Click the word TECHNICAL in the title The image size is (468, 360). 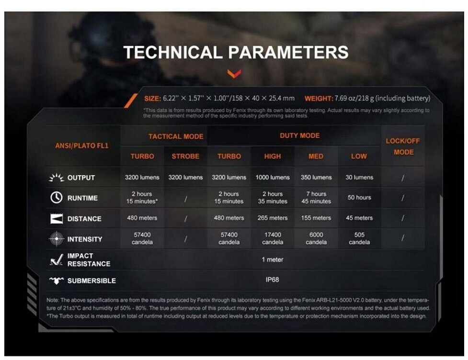click(x=173, y=52)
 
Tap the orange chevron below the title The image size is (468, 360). click(x=234, y=73)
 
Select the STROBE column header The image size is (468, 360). click(x=185, y=156)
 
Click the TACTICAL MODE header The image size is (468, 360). click(x=176, y=136)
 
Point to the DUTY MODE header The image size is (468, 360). click(x=300, y=135)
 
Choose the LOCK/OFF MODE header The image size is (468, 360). click(x=403, y=146)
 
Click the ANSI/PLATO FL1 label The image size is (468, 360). click(x=82, y=146)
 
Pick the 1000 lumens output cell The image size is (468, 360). click(x=273, y=178)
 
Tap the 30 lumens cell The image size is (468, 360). click(x=359, y=178)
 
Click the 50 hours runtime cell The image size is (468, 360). click(x=359, y=197)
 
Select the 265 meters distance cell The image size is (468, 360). click(x=273, y=218)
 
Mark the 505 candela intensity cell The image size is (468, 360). click(x=359, y=238)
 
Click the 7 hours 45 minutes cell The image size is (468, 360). click(x=316, y=197)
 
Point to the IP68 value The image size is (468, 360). click(x=272, y=280)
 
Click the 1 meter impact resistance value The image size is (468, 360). click(x=272, y=259)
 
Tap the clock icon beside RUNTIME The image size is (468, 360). click(x=57, y=197)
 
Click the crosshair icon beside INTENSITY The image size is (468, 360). click(x=57, y=238)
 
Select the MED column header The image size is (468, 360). click(x=316, y=156)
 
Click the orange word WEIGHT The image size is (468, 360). click(x=319, y=99)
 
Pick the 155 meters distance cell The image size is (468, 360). click(x=316, y=218)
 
